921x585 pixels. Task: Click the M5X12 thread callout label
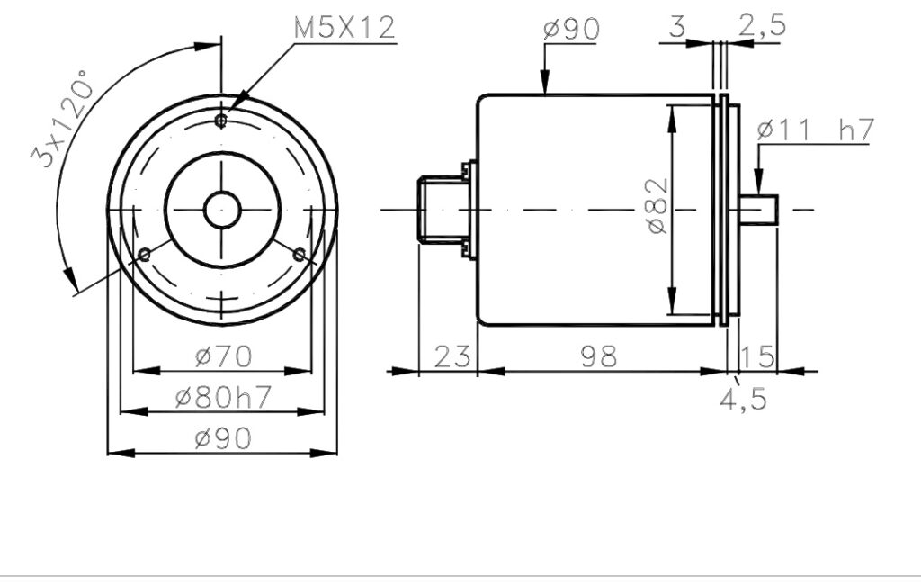[x=344, y=27]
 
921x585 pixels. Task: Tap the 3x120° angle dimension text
[x=62, y=118]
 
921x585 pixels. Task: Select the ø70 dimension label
[x=223, y=356]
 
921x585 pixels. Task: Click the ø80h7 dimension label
[x=223, y=398]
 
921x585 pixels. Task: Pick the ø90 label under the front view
[x=223, y=438]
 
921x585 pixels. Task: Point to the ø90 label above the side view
[x=571, y=29]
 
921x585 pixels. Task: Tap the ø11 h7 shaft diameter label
[x=816, y=130]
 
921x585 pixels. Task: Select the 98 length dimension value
[x=599, y=356]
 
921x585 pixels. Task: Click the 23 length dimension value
[x=452, y=356]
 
